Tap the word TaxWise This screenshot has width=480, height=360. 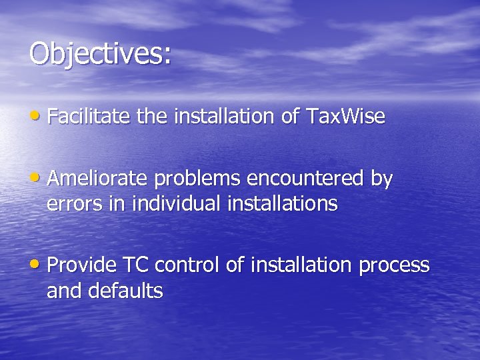click(x=345, y=117)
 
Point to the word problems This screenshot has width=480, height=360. click(x=197, y=179)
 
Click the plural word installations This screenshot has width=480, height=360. click(x=283, y=203)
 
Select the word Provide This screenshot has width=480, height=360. click(x=81, y=265)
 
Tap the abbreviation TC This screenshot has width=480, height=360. click(x=137, y=265)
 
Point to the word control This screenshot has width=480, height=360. click(x=189, y=265)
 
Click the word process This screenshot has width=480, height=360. click(x=394, y=266)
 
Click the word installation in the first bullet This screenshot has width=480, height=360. click(x=223, y=117)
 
